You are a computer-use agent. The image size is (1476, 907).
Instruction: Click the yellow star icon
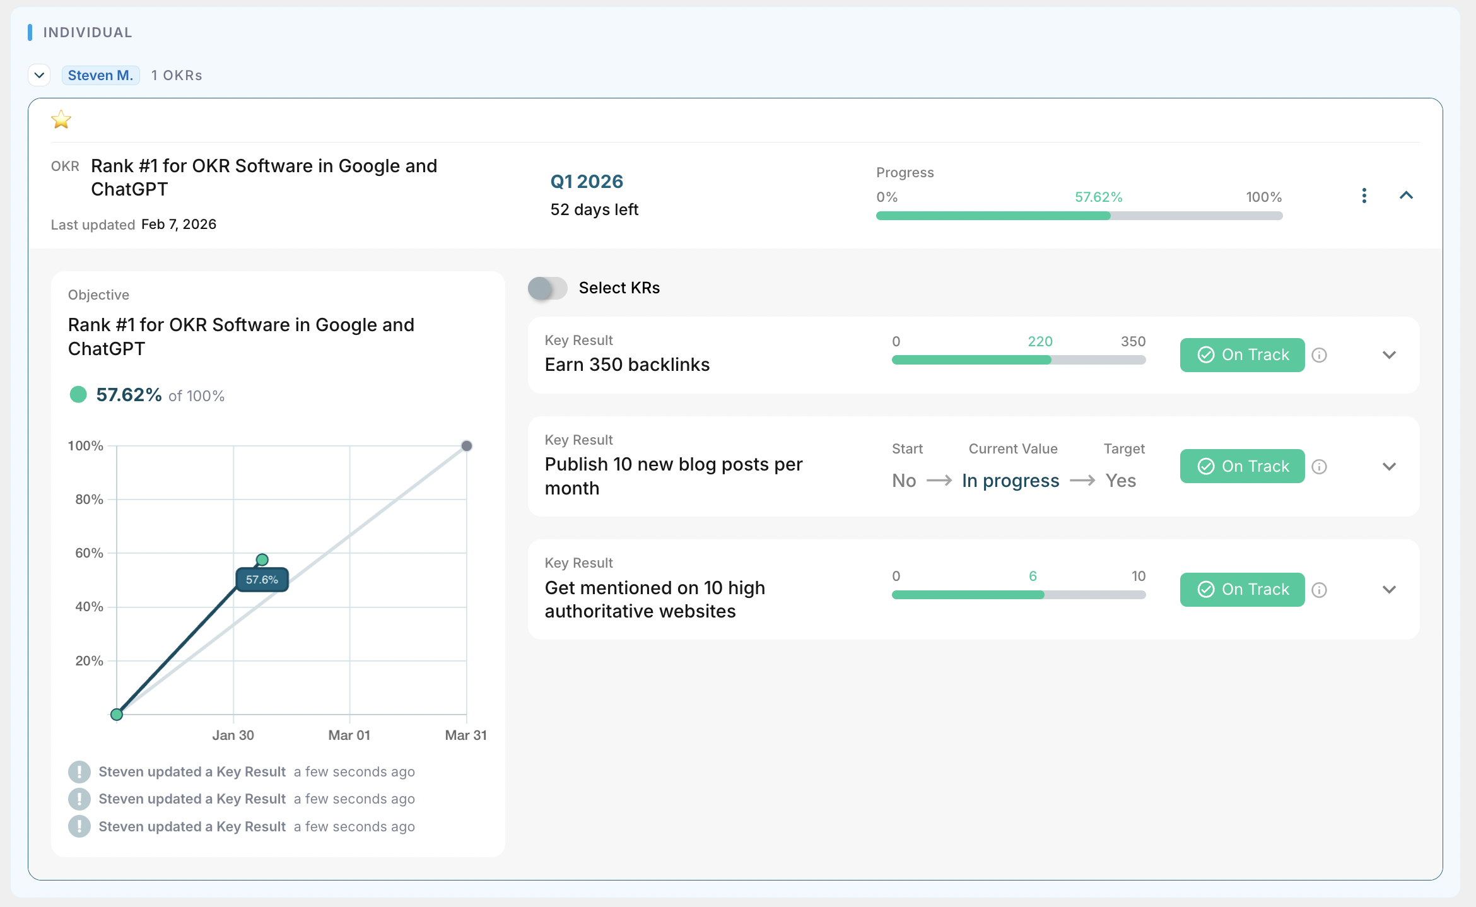61,119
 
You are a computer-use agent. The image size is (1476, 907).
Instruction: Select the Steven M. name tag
100,76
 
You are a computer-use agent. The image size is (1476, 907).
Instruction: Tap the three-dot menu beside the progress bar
1364,196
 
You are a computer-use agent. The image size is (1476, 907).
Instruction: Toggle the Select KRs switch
548,288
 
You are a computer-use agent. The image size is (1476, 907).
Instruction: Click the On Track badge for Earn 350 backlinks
1242,355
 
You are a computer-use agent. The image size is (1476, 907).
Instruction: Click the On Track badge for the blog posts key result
1242,466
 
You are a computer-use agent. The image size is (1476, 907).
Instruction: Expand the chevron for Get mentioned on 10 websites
1389,590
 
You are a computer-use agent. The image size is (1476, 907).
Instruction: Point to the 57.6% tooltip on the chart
262,580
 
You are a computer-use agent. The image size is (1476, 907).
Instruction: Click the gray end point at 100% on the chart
467,446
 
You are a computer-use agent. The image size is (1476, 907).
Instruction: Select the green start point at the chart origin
117,715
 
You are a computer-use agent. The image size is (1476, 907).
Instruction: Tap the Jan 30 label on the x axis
233,735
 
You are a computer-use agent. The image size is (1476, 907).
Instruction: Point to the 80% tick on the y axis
89,500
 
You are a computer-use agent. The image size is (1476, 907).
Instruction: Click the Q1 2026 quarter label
587,182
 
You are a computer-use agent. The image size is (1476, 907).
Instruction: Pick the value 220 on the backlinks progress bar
1040,342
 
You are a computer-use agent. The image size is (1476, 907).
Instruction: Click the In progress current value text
1010,481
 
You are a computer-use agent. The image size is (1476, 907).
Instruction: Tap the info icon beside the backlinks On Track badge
1319,355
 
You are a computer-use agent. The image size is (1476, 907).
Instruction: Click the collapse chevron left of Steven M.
39,76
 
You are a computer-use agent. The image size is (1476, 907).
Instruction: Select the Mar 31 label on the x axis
466,735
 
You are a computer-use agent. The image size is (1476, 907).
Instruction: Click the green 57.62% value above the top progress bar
1098,197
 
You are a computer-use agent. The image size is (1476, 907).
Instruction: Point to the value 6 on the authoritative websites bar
1033,576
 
